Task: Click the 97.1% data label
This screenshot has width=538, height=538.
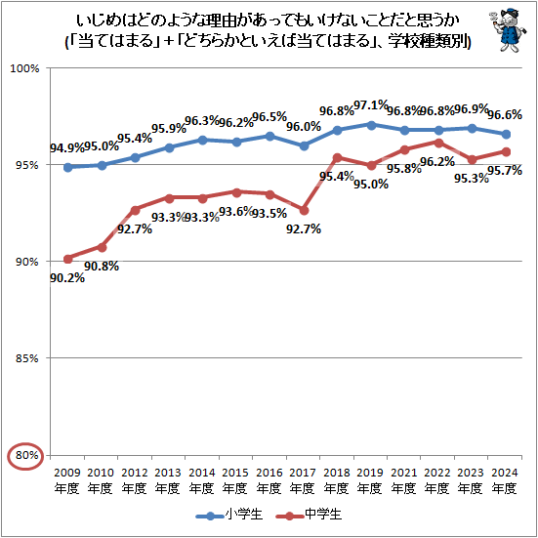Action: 371,105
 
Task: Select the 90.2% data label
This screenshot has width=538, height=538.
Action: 67,278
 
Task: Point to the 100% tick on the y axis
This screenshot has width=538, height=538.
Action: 24,68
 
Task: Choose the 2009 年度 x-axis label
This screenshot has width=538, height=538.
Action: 67,480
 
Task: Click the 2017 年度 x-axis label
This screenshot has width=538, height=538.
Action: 303,480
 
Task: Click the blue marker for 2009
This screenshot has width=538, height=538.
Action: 67,167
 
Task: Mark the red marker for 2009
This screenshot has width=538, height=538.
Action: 67,259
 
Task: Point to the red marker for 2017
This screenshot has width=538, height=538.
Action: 304,210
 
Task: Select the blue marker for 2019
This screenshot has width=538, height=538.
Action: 371,124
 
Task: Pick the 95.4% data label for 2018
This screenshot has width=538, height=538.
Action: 337,177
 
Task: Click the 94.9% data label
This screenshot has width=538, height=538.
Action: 67,148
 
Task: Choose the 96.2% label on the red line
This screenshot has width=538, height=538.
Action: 437,162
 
